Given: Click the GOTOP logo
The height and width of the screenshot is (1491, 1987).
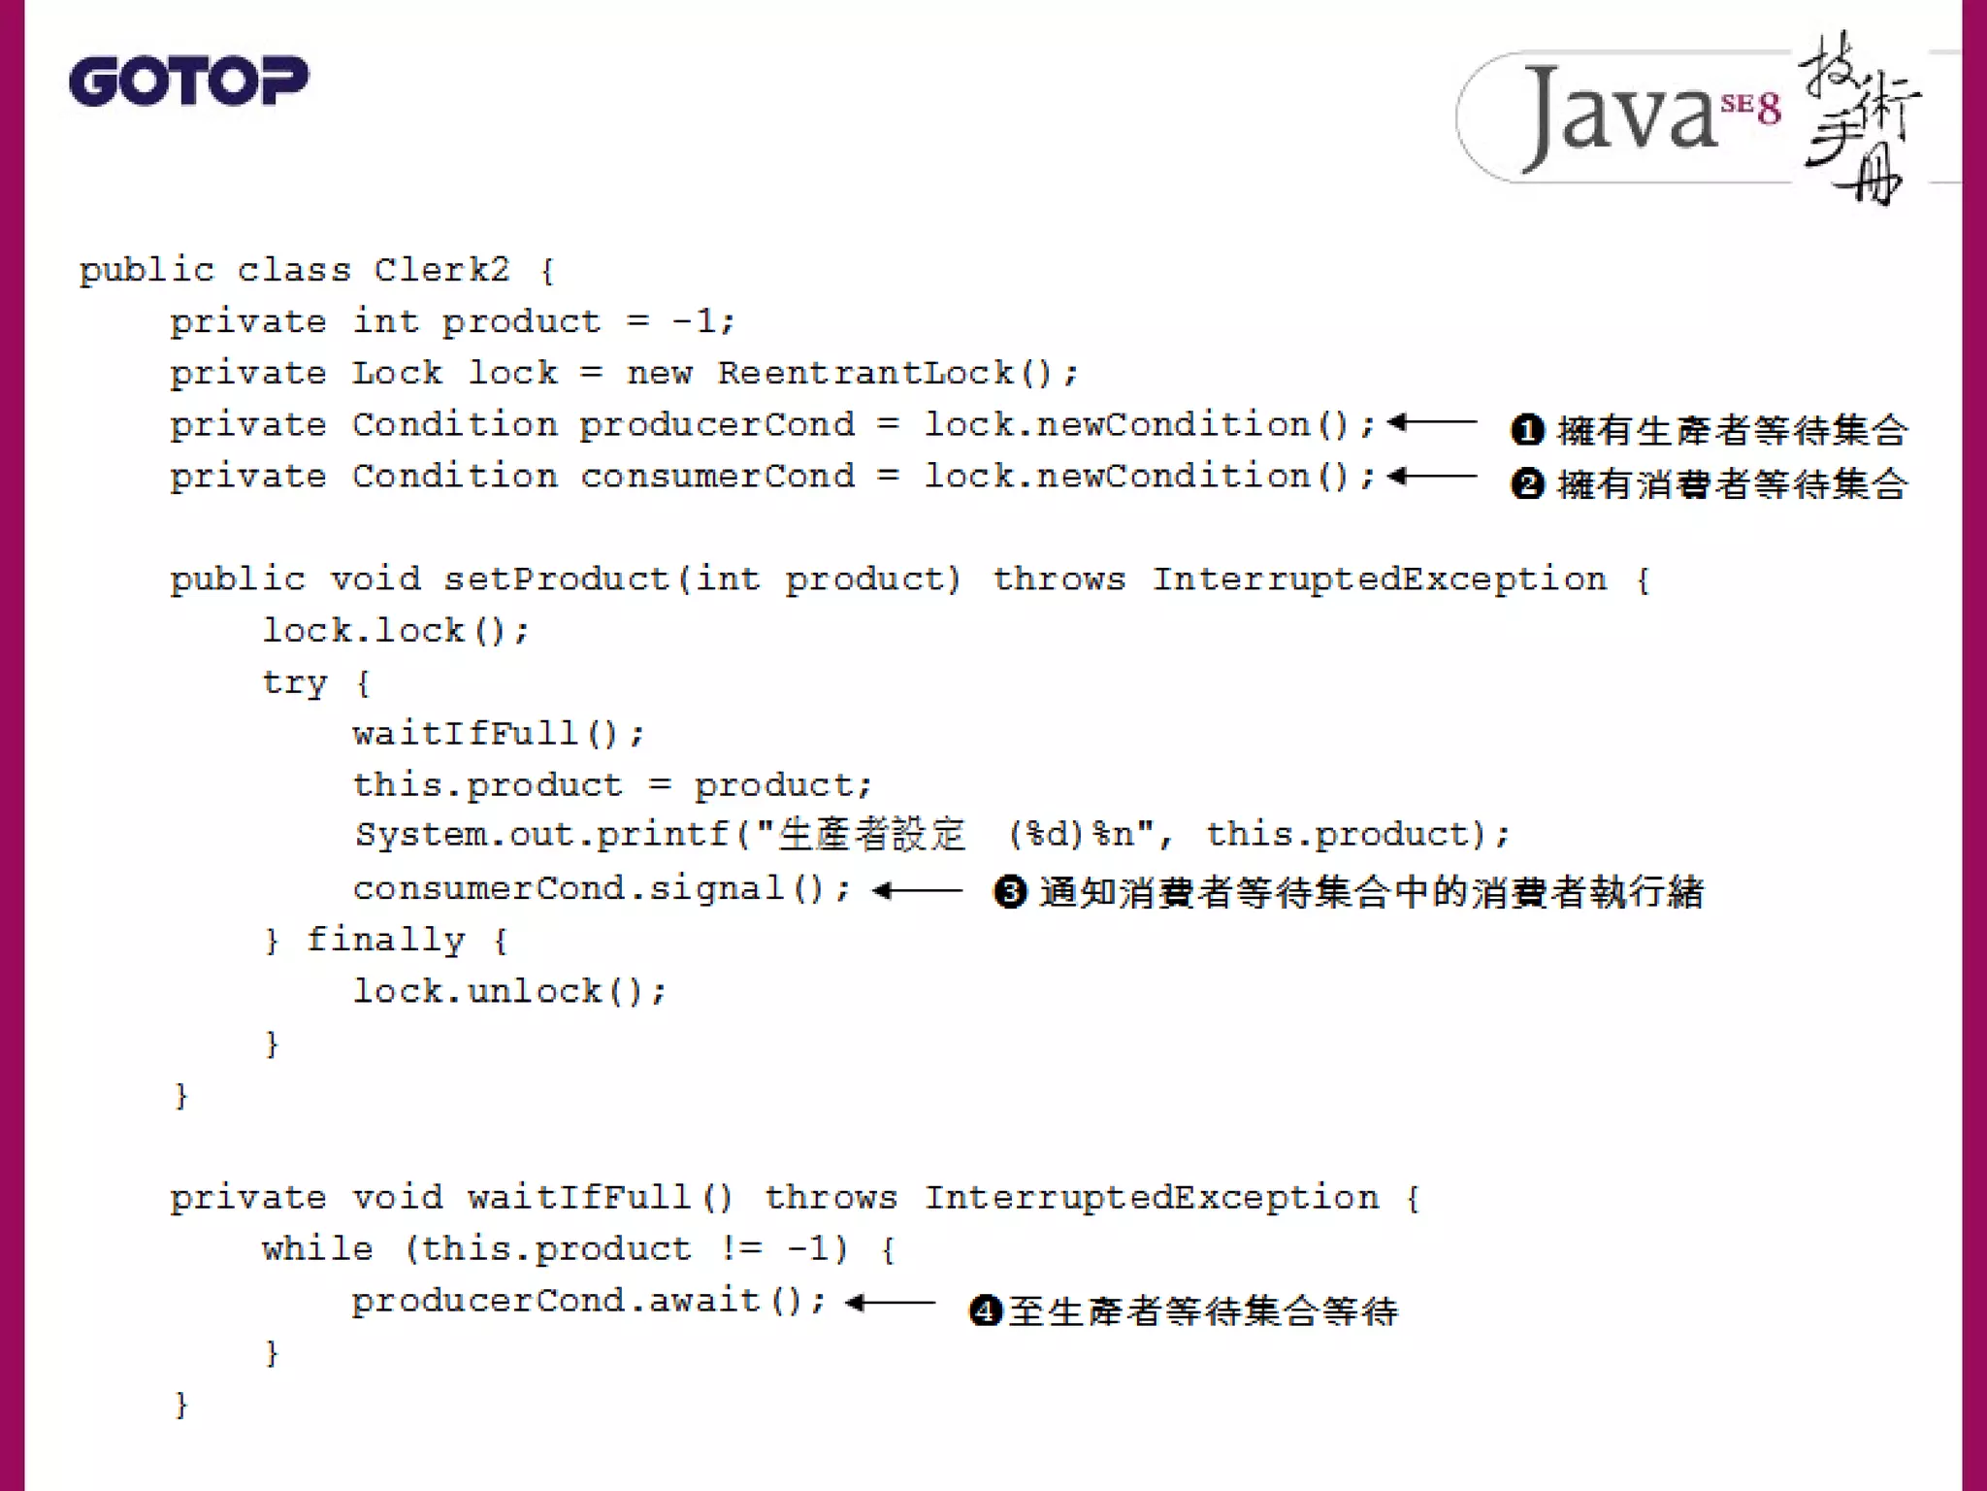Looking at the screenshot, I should (189, 81).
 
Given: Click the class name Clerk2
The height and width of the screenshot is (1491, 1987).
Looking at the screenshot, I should (441, 270).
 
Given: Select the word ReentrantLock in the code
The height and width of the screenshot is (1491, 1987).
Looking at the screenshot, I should (865, 373).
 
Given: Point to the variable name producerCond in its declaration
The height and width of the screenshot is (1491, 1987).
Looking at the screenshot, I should (717, 424).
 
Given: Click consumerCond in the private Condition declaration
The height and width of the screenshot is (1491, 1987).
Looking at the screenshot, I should (717, 476).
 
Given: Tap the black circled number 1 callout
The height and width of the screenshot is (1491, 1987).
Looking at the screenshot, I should (1527, 429).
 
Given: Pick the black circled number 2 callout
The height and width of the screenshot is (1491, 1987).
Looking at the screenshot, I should (1527, 482).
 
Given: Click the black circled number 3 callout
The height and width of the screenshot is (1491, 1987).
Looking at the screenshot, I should (1010, 891).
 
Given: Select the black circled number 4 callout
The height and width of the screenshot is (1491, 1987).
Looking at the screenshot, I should (985, 1310).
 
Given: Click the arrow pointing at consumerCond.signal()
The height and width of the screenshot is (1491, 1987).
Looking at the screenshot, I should (917, 890).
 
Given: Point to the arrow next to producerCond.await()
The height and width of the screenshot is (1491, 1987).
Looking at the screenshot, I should (890, 1303).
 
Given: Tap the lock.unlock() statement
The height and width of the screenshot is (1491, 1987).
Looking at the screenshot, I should (509, 991).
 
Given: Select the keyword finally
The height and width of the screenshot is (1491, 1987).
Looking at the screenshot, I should (385, 940).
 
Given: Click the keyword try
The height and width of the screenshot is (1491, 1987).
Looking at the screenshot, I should (295, 682).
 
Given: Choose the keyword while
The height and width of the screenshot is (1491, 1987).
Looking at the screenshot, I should (317, 1248).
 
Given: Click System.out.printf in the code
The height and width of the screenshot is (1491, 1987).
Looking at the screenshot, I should (541, 835).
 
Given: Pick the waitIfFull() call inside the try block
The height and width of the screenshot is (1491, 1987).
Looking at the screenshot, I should (498, 733).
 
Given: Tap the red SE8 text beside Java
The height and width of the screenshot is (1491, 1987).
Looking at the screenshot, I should (1751, 107).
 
